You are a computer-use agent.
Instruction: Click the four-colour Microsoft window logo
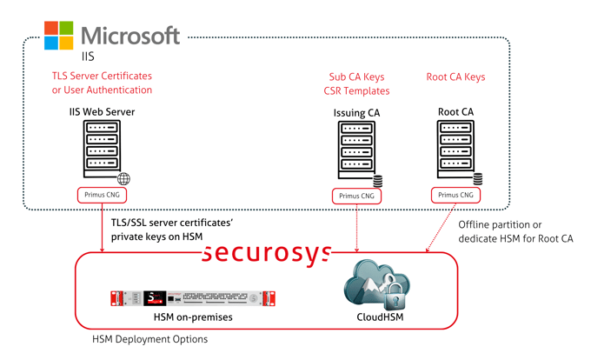click(x=59, y=36)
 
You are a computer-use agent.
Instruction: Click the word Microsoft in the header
click(x=131, y=36)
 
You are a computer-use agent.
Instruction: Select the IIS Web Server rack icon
click(x=102, y=149)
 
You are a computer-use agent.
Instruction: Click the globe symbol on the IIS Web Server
click(x=123, y=179)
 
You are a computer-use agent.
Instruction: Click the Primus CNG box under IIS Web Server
click(x=103, y=195)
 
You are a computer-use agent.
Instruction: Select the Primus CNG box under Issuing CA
click(x=356, y=196)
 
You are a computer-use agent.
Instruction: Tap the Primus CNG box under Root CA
click(x=455, y=195)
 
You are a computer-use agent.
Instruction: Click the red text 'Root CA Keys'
click(x=455, y=77)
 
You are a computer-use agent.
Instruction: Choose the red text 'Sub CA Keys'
click(x=358, y=77)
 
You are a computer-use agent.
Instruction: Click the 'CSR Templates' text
click(x=358, y=91)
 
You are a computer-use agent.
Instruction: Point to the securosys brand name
click(x=268, y=252)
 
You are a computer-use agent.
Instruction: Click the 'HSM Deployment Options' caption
click(x=149, y=339)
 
